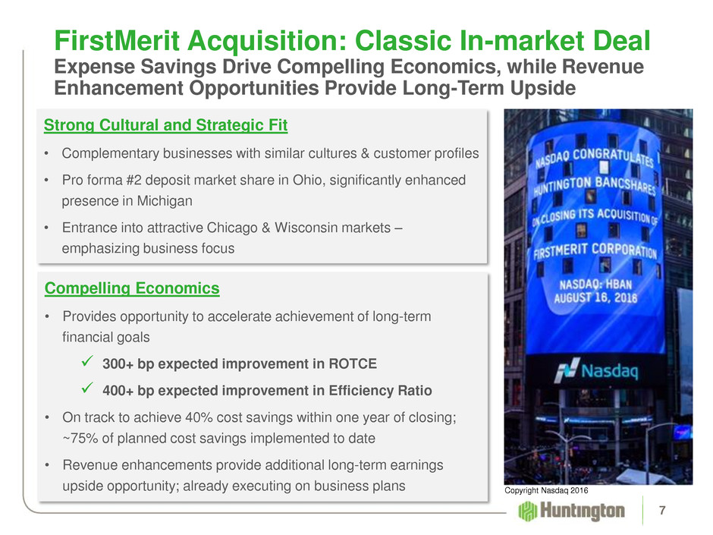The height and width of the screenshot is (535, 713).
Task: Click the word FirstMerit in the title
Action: coord(117,40)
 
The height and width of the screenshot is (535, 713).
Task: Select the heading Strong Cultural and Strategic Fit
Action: coord(165,125)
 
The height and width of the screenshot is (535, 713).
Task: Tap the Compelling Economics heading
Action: coord(132,288)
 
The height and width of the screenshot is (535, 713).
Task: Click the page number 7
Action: coord(662,511)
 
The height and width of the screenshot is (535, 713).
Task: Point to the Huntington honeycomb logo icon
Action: coord(527,511)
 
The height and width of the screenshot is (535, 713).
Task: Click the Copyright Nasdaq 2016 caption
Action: coord(546,490)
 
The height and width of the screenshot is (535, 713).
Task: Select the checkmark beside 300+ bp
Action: coord(87,362)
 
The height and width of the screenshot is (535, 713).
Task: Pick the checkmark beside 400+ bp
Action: coord(87,388)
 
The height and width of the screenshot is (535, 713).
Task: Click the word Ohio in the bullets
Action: coord(307,180)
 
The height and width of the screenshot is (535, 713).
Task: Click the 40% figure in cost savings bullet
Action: coord(196,417)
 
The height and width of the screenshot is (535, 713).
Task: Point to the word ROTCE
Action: coord(353,364)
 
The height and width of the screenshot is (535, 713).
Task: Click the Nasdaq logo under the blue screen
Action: coord(597,370)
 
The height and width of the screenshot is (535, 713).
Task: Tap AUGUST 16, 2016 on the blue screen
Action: coord(595,298)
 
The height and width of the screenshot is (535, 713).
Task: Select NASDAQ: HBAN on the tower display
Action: coord(595,285)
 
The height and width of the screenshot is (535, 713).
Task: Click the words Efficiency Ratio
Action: coord(380,391)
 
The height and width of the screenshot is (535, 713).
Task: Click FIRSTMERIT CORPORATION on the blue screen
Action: coord(595,250)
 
